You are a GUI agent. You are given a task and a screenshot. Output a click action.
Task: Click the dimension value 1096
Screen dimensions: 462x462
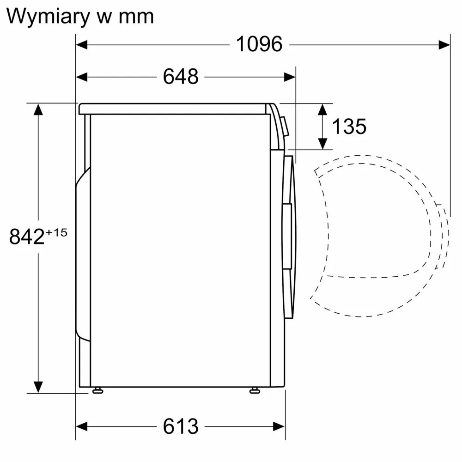pos(259,44)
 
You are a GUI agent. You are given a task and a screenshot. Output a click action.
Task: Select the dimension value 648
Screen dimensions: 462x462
pos(181,77)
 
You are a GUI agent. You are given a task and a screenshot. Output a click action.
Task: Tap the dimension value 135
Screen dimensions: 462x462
pos(349,126)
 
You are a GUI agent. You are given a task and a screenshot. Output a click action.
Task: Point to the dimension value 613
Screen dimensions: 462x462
pos(181,426)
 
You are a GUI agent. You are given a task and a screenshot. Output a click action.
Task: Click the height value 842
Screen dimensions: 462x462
pos(27,237)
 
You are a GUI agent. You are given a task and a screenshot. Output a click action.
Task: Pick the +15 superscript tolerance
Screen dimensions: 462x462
pos(56,232)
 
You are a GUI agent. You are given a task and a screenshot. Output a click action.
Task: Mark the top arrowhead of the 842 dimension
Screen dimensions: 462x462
pos(38,109)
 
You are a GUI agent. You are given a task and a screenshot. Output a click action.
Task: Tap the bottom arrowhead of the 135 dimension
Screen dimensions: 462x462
pos(322,144)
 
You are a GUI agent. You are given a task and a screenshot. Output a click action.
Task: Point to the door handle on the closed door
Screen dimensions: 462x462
pos(287,236)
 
